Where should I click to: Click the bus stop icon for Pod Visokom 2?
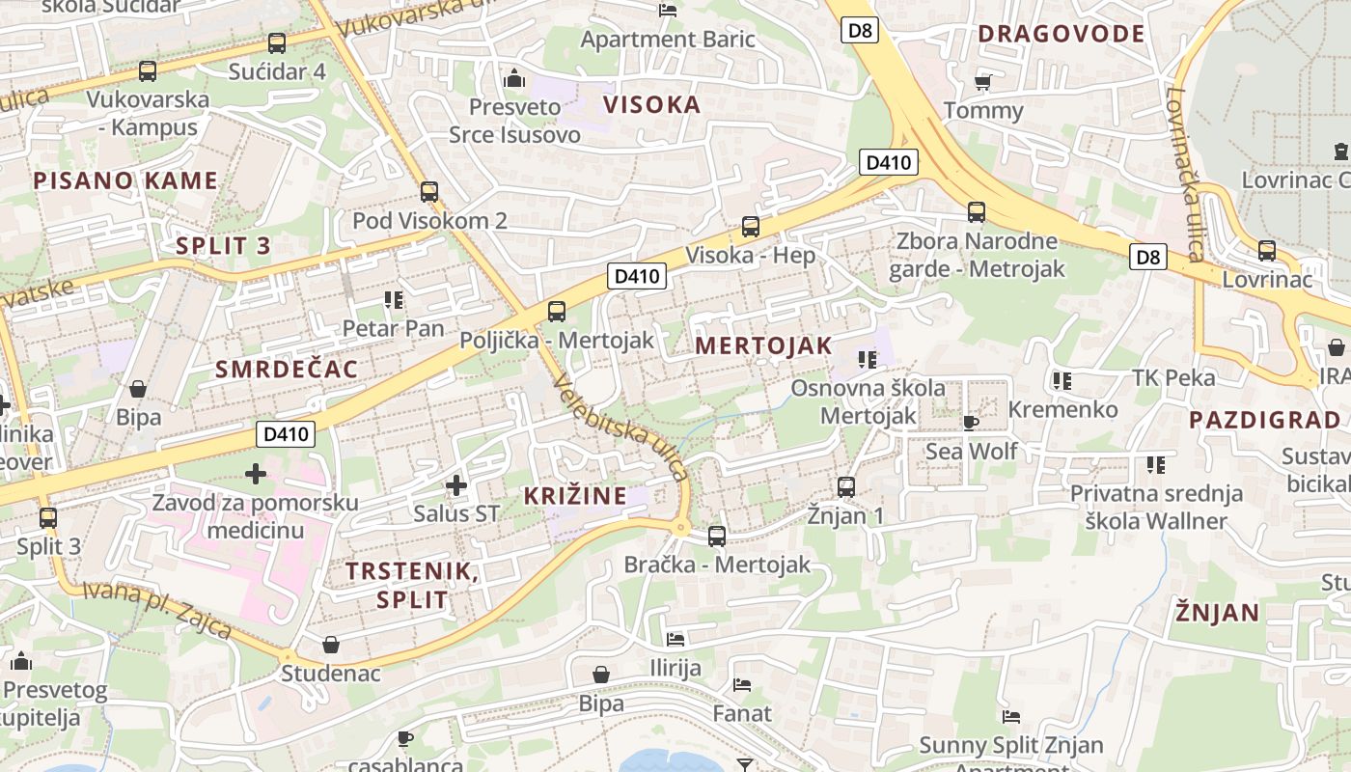tap(429, 192)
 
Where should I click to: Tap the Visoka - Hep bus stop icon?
tap(751, 227)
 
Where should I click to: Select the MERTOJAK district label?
tap(763, 345)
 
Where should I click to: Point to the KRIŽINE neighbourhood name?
tap(575, 496)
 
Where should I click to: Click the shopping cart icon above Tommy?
tap(982, 82)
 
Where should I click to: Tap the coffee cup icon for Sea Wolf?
tap(971, 423)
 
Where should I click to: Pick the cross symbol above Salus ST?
tap(456, 484)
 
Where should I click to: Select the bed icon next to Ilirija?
tap(675, 639)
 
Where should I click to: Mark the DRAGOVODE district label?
tap(1061, 34)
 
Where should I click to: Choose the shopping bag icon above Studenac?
tap(331, 644)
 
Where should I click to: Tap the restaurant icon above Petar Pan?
tap(393, 300)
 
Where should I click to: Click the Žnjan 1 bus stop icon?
tap(846, 486)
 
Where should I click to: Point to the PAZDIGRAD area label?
tap(1265, 420)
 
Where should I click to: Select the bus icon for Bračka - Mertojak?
tap(717, 536)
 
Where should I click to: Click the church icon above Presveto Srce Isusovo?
tap(514, 77)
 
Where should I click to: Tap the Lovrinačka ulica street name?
tap(1184, 175)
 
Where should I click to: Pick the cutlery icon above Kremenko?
tap(1062, 381)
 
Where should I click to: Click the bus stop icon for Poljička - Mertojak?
tap(556, 312)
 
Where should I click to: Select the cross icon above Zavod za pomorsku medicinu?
tap(256, 473)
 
